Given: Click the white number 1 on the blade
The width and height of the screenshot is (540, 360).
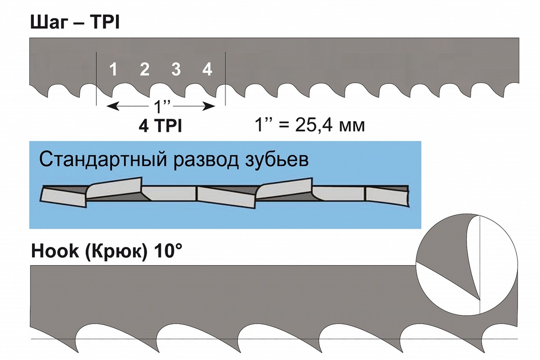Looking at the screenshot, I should pos(113,69).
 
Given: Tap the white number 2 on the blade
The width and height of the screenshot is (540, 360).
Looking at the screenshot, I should pos(144,69).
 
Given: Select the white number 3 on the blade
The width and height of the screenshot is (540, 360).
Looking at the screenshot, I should pos(176,69).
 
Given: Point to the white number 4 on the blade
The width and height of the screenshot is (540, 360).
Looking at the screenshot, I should pos(207,69).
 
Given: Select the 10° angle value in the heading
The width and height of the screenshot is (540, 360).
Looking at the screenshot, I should pos(166,253).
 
